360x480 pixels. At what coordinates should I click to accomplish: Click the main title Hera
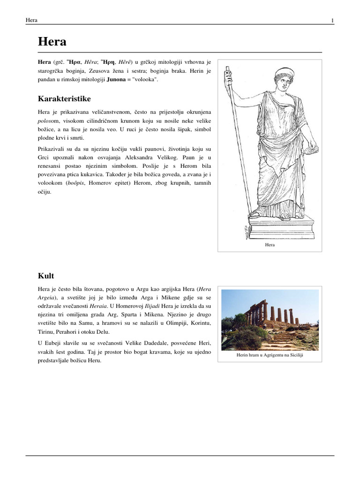[x=52, y=42]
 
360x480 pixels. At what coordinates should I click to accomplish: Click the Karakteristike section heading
[x=64, y=99]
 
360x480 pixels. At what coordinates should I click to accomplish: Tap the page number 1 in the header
[x=332, y=20]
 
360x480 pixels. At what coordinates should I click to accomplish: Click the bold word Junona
[x=108, y=81]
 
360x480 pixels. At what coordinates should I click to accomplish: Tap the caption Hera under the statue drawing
[x=270, y=245]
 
